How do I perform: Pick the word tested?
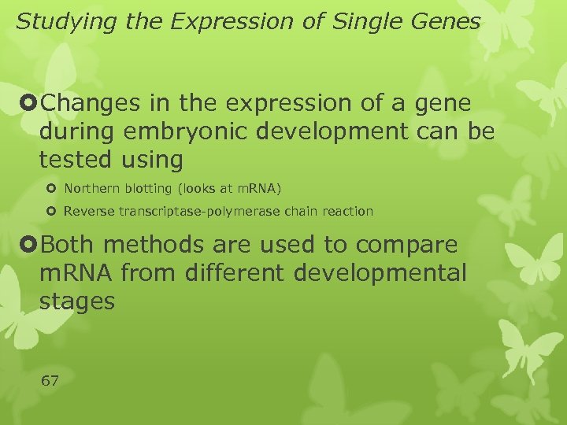76,160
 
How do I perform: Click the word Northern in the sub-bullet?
91,188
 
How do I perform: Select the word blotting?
149,188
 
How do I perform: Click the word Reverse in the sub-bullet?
89,211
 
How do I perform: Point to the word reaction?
345,211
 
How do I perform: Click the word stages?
77,301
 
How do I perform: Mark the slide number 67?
49,381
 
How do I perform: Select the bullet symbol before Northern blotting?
52,189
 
